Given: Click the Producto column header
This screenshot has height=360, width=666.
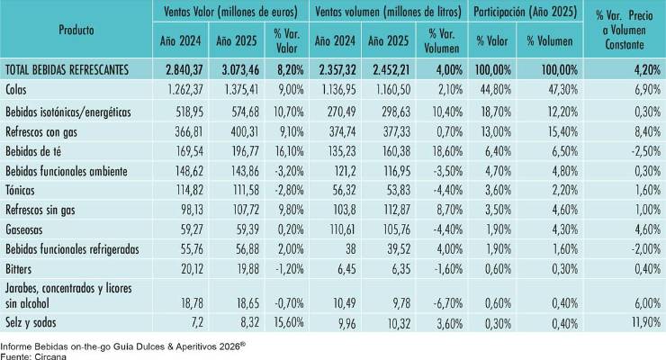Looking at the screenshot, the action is coord(76,30).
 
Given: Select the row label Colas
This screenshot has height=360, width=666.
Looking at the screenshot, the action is coord(15,90).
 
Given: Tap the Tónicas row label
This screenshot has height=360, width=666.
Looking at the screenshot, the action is coord(20,190).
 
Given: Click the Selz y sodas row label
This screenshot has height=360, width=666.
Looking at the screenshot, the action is coord(31,322).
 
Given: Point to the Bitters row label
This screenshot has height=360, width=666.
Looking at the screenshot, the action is coord(18,269).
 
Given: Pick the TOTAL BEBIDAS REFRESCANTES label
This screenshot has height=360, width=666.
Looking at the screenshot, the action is coord(67,69).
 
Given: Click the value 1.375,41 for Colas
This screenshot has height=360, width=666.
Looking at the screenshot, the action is coord(240,90).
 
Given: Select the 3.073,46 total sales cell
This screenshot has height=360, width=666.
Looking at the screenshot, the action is coord(240,69).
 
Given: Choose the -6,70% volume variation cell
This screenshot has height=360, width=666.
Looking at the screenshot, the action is coord(447,303).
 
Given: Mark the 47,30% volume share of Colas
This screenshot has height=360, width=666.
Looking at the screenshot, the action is coord(563,90).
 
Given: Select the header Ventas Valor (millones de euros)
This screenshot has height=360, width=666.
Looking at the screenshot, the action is coord(230,12).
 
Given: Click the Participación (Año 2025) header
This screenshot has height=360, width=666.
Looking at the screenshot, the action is coord(526,12).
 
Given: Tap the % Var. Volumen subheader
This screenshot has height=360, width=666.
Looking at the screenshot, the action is coord(442,41).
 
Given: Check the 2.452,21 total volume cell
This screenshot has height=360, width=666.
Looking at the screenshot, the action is coord(391,69).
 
